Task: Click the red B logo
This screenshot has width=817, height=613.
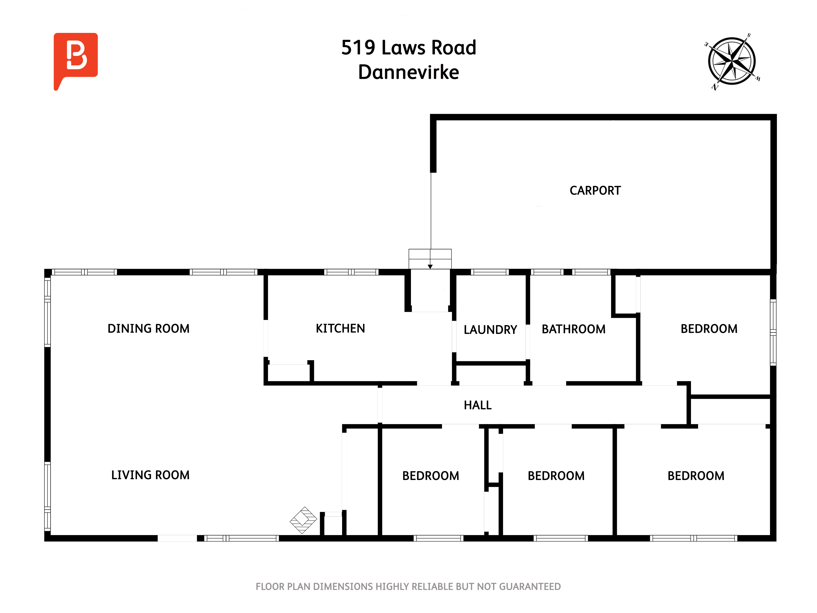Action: click(x=76, y=57)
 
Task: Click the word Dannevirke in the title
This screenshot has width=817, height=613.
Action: click(x=408, y=72)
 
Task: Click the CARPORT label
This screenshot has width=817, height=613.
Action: click(x=595, y=191)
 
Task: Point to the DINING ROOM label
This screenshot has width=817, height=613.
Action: click(x=148, y=329)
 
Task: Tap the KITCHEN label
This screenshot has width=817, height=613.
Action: click(x=340, y=329)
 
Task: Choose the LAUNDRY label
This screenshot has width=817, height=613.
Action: click(x=490, y=330)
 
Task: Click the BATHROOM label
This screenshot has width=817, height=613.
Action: click(x=573, y=329)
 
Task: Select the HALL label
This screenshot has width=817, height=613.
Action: click(x=478, y=405)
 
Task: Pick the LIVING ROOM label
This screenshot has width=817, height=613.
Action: click(x=150, y=475)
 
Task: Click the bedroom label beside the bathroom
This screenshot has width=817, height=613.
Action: click(x=709, y=329)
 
